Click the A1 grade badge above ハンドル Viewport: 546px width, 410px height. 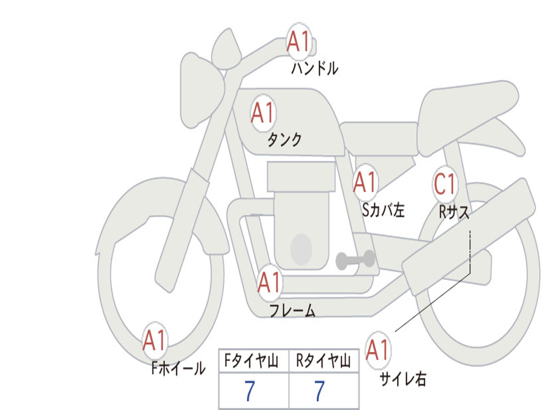pos(299,42)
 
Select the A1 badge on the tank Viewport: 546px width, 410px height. pos(262,113)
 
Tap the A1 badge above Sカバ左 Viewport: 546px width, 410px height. pos(365,183)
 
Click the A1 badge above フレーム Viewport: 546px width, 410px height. pos(269,282)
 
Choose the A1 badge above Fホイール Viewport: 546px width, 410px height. pos(155,341)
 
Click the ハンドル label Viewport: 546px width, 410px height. pos(315,69)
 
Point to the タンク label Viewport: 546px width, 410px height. pos(284,140)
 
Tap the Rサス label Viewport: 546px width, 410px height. pos(454,212)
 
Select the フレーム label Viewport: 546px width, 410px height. pos(292,311)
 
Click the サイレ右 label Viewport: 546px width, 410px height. pos(403,379)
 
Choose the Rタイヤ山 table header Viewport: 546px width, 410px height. pos(324,362)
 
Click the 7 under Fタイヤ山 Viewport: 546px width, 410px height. pos(249,392)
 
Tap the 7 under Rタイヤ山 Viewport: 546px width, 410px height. pos(319,392)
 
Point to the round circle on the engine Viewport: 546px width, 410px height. pos(301,249)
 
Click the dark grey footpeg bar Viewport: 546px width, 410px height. pos(355,260)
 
